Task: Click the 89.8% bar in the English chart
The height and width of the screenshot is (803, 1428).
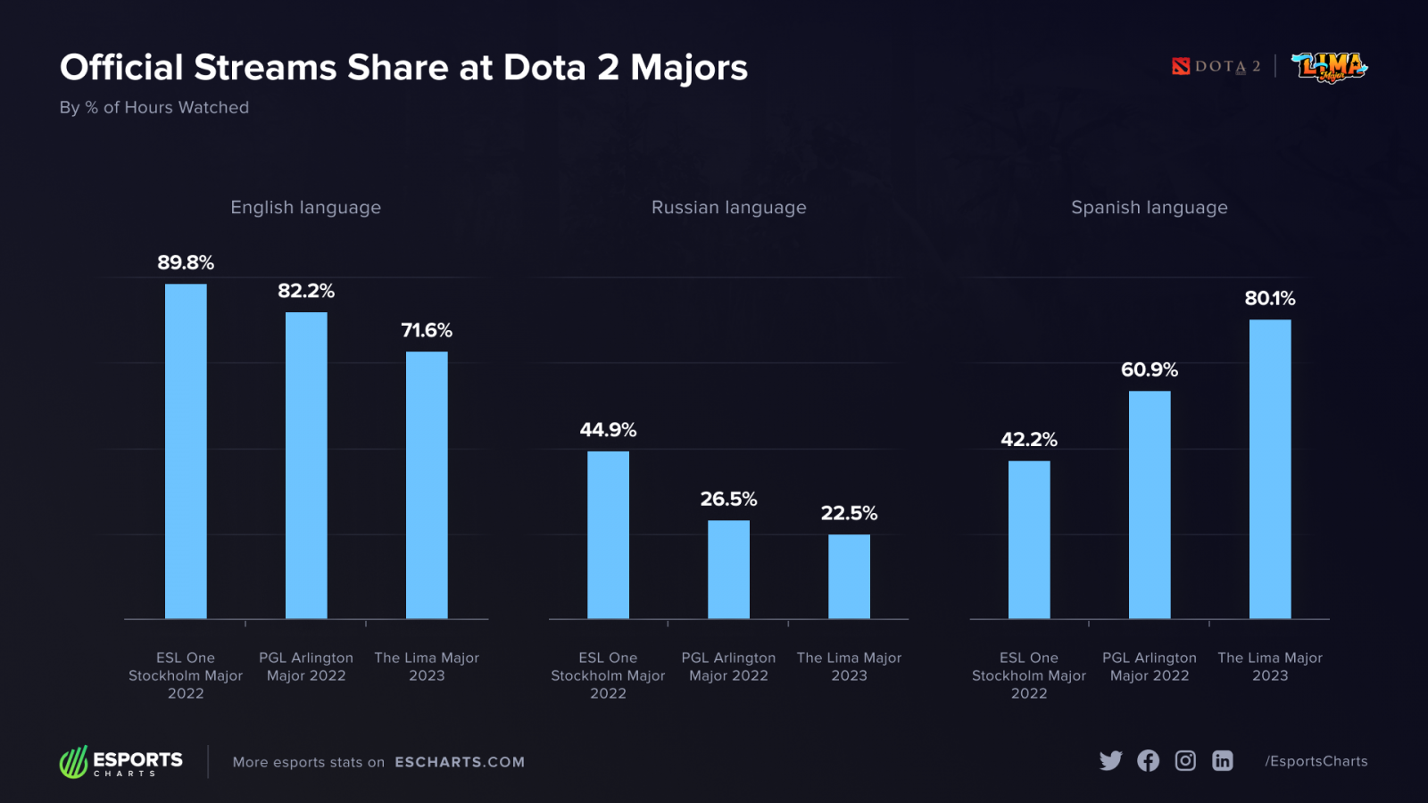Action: point(186,451)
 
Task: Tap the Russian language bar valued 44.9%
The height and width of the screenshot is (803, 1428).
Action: point(608,534)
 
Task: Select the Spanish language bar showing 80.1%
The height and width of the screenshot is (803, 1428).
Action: point(1270,468)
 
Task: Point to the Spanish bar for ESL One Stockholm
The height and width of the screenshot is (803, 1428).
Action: point(1029,540)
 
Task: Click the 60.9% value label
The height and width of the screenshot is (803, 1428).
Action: point(1150,369)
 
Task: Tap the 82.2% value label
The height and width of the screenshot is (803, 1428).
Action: point(306,291)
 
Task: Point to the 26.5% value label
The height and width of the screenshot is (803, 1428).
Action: point(728,499)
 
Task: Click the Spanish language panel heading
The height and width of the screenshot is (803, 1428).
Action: point(1150,207)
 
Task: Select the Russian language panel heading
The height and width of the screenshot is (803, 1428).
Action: point(728,207)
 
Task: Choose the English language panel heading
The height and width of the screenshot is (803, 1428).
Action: point(305,207)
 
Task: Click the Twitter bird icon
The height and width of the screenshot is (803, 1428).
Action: point(1110,760)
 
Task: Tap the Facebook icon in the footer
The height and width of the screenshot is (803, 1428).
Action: point(1148,760)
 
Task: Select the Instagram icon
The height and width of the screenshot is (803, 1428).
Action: point(1185,760)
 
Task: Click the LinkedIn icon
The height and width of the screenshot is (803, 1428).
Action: point(1223,760)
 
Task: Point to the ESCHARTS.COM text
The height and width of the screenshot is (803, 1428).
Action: point(460,762)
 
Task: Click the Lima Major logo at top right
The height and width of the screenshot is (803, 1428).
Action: point(1329,67)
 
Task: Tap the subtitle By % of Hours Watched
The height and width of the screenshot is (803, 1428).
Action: point(154,107)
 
